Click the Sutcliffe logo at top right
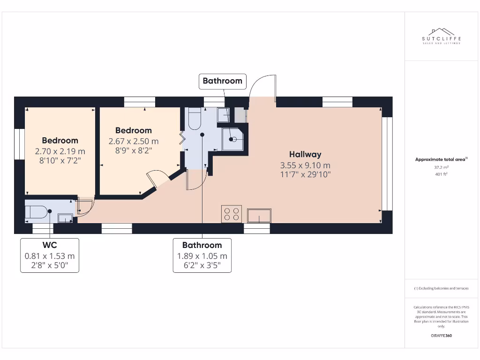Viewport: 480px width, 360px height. (441, 37)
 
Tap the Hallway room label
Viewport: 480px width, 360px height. (305, 154)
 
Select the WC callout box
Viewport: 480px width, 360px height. (49, 255)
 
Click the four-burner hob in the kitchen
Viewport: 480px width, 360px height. (231, 214)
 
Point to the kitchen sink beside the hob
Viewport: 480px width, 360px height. (259, 215)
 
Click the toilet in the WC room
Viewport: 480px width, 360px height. (37, 212)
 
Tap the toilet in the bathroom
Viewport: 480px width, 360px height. (194, 120)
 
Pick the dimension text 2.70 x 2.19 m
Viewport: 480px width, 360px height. (60, 151)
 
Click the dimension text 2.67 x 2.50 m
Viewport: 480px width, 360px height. (134, 141)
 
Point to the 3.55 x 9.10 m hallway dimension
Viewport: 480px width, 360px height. (305, 165)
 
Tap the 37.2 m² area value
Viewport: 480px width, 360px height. (441, 167)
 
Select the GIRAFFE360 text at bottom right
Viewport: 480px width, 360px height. (441, 336)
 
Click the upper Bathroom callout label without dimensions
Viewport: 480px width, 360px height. (222, 81)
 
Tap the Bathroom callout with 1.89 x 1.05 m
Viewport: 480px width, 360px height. (202, 255)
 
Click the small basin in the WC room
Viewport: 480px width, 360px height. (65, 217)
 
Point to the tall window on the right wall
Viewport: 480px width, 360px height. (386, 164)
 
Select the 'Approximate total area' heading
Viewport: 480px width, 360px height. (441, 159)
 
